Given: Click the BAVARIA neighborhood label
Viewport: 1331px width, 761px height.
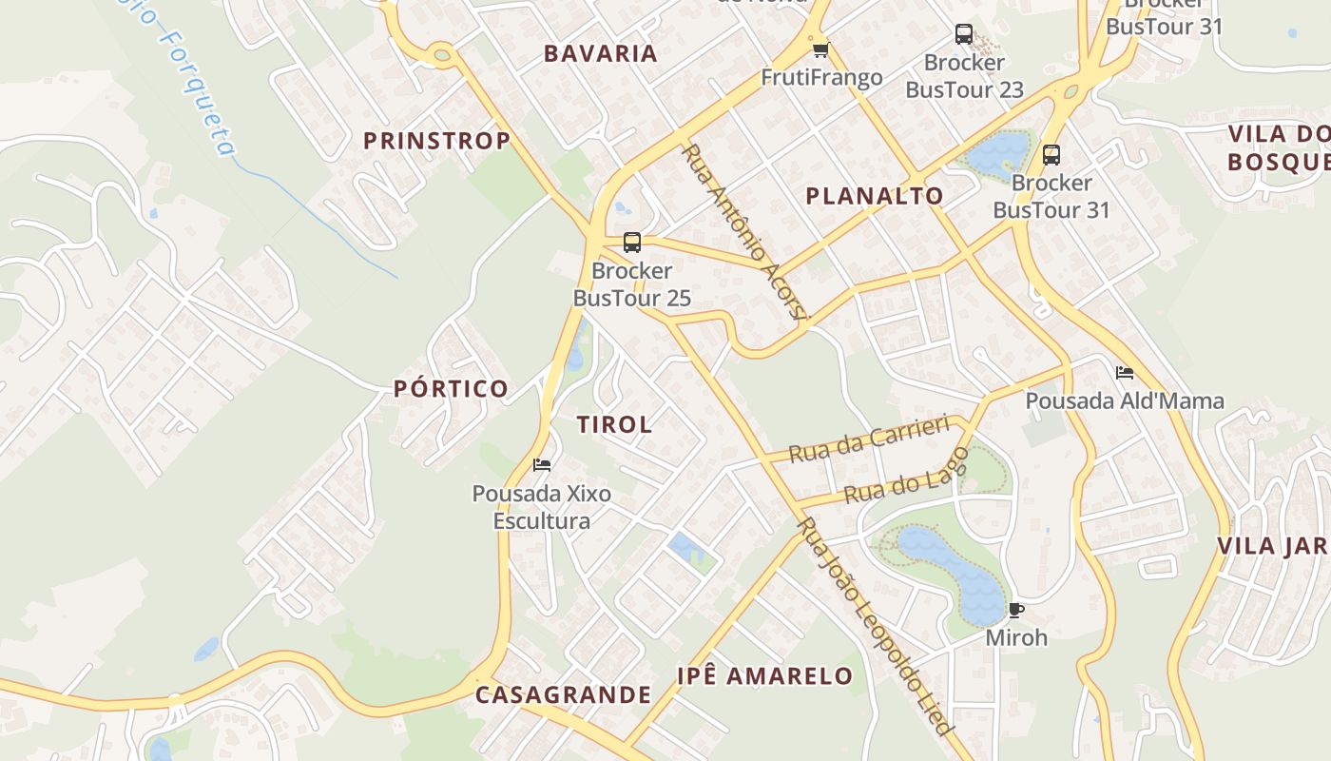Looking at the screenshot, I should pos(601,53).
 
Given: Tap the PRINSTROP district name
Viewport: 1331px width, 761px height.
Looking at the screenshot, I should pos(436,141).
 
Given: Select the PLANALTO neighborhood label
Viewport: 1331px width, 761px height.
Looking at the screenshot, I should pos(875,196).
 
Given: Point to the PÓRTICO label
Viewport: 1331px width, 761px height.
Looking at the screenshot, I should pos(452,388).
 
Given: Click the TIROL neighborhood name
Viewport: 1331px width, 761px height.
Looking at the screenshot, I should pos(614,424).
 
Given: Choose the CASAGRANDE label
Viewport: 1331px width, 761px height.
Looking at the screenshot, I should pos(563,694).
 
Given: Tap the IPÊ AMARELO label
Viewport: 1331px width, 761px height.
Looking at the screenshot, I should pos(764,676).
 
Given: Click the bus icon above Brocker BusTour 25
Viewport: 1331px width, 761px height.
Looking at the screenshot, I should pos(632,242).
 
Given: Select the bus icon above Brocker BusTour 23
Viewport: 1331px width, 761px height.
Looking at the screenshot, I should pos(963,34).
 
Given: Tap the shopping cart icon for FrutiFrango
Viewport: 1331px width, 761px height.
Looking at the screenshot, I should pos(820,49).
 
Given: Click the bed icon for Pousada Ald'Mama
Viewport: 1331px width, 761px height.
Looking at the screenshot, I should pos(1125,372).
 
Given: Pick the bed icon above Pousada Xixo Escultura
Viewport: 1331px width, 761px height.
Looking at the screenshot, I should pos(542,465).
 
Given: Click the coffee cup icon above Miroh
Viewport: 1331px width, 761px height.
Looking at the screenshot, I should pos(1015,610).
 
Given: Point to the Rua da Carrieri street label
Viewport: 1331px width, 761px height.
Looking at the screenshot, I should pos(869,438).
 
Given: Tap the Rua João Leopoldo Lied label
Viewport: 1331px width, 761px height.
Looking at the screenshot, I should pos(875,626).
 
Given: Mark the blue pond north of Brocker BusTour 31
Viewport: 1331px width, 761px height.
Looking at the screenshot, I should pos(998,152).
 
